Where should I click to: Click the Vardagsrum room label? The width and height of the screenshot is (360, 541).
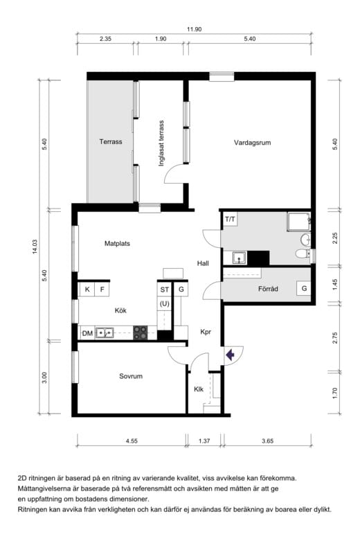point(252,143)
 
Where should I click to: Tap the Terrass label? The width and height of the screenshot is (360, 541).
point(111,141)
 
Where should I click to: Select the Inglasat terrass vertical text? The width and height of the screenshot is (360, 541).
point(161,143)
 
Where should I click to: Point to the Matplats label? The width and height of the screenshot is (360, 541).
point(117,244)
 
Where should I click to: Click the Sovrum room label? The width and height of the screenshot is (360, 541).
point(131,376)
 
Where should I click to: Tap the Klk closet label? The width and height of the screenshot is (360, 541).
point(199,389)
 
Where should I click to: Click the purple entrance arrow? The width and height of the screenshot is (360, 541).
point(230,355)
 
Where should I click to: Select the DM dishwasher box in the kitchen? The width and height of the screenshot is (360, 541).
point(87,333)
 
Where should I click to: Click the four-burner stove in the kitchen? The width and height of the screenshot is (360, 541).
point(141,333)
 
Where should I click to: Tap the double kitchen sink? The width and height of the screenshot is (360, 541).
point(105,333)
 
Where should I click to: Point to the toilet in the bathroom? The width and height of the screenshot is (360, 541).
point(302,254)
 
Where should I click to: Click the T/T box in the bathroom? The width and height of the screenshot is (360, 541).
point(230,219)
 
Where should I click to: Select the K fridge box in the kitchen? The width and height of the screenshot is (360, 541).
point(87,290)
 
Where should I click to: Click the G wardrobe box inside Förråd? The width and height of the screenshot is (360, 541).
point(304,288)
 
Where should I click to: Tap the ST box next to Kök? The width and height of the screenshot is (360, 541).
point(165,290)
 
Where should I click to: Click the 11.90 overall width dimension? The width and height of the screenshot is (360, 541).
point(194,29)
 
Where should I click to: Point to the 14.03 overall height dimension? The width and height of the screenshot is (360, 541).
point(35,247)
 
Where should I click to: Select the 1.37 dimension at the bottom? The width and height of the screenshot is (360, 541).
point(204,441)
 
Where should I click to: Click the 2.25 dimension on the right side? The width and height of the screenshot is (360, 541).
point(335,238)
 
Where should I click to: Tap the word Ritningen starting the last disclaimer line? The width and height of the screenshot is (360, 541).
point(32,510)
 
